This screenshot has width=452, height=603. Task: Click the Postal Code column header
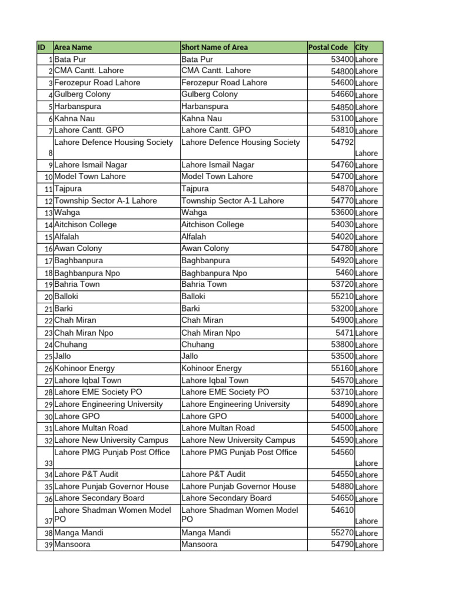tap(330, 47)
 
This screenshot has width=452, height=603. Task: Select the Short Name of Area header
tap(214, 47)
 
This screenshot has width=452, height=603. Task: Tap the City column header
tap(361, 47)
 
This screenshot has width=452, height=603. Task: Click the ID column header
tap(41, 47)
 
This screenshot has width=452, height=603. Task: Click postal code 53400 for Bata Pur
tap(342, 59)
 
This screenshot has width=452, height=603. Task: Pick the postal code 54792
tap(342, 142)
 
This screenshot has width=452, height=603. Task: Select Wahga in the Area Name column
tap(67, 213)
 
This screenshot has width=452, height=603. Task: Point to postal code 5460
tap(344, 273)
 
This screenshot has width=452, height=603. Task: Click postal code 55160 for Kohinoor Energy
tap(342, 369)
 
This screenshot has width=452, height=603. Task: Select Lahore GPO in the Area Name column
tap(77, 416)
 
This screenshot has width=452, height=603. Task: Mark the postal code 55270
tap(342, 533)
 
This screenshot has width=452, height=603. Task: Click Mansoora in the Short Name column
tap(199, 545)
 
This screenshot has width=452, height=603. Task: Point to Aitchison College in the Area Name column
tap(85, 224)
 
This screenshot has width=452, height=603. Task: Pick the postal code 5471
tap(344, 333)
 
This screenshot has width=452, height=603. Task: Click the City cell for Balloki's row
tap(366, 297)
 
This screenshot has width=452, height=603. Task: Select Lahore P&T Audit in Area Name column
tap(86, 474)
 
